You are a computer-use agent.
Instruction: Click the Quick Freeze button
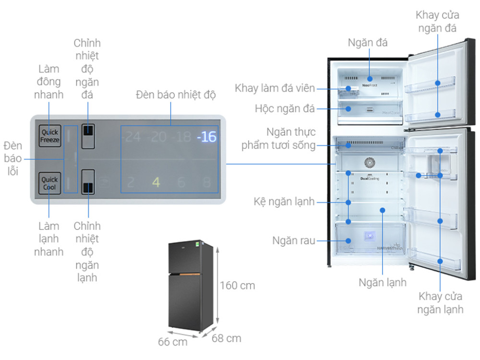[x=49, y=136]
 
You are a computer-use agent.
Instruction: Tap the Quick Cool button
[x=49, y=183]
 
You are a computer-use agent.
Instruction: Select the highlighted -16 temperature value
[x=206, y=137]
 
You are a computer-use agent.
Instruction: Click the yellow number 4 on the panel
[x=156, y=182]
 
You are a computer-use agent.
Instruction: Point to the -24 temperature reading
[x=131, y=137]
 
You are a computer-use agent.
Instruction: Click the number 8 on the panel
[x=207, y=182]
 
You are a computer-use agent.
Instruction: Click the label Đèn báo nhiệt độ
[x=176, y=95]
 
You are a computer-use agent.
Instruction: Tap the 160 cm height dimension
[x=237, y=286]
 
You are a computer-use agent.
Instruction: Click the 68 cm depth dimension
[x=227, y=338]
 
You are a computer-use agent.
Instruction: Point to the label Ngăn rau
[x=293, y=240]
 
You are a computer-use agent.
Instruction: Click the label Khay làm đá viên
[x=275, y=88]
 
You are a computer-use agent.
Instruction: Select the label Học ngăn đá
[x=285, y=109]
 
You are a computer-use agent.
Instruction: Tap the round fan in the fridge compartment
[x=370, y=163]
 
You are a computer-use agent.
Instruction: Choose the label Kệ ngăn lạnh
[x=284, y=202]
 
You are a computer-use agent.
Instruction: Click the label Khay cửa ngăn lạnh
[x=440, y=302]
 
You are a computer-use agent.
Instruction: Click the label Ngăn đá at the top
[x=368, y=42]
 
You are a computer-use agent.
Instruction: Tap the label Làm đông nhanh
[x=48, y=82]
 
